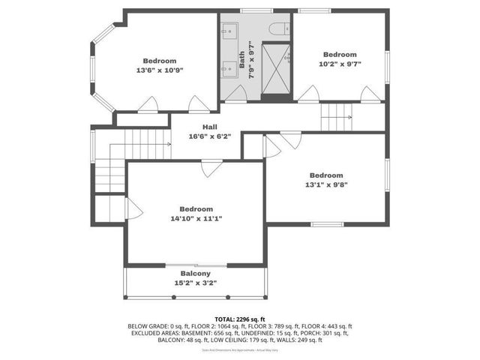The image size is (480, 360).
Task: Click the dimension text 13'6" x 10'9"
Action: click(160, 70)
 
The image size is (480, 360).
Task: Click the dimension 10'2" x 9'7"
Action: click(339, 64)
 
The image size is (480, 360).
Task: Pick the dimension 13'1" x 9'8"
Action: click(326, 184)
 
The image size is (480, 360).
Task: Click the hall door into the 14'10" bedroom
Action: click(211, 168)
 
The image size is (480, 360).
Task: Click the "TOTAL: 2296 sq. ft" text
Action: click(240, 319)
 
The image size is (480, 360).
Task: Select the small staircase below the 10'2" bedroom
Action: click(335, 115)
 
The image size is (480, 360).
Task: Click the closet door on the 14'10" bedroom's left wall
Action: click(133, 208)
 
